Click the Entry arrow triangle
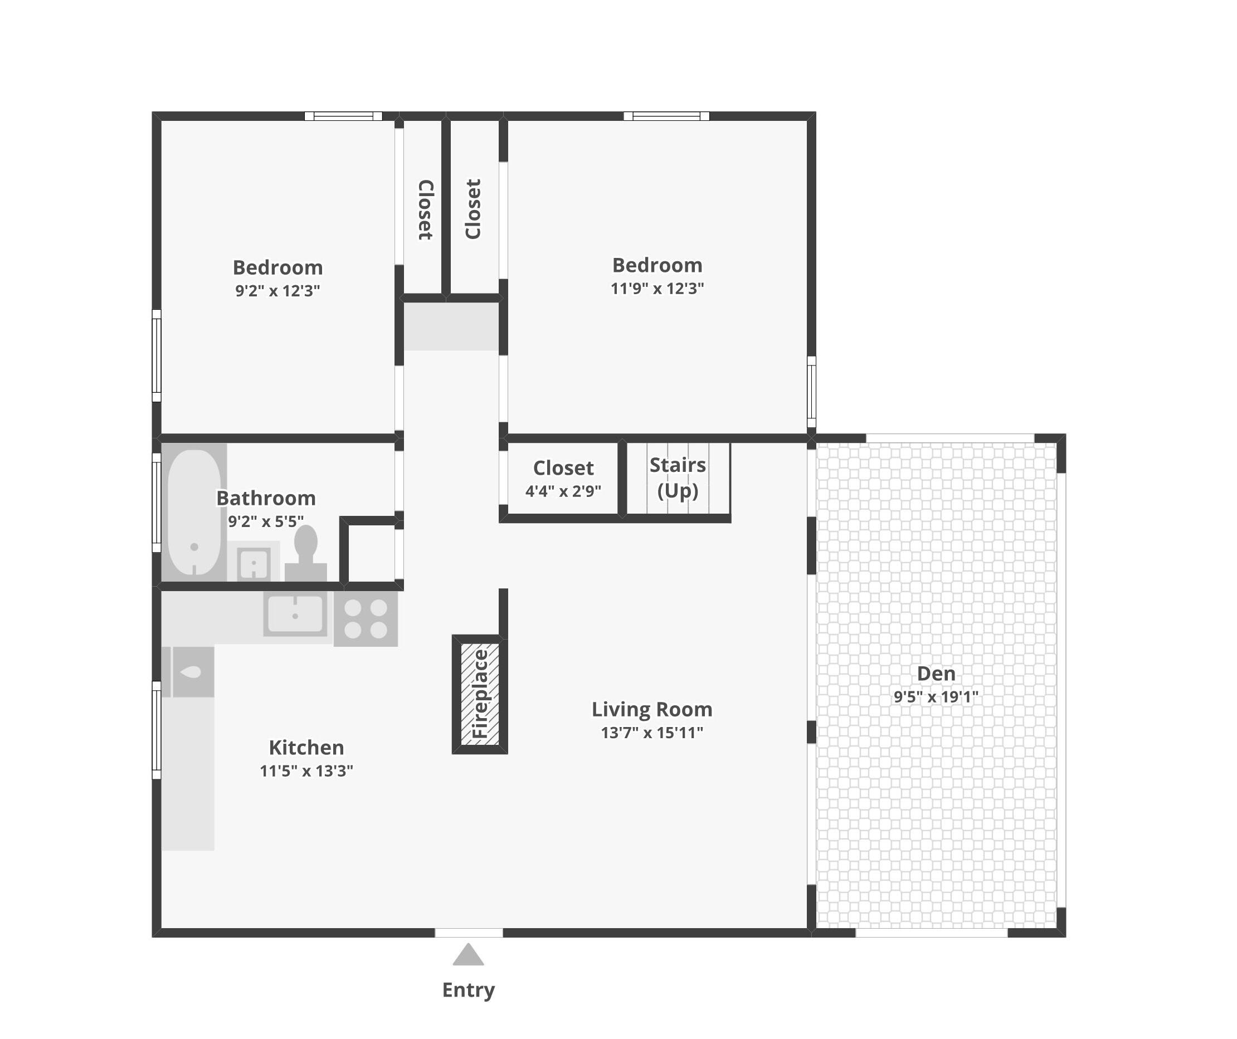[x=468, y=955]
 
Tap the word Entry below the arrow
[x=468, y=990]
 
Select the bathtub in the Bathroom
[x=194, y=512]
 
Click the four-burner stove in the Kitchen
[x=366, y=618]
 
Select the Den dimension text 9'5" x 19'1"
[x=936, y=697]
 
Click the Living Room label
[x=652, y=709]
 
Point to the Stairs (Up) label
[x=678, y=477]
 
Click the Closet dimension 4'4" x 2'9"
[x=563, y=491]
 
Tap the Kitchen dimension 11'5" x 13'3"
[x=306, y=771]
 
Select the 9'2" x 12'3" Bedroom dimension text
[x=277, y=291]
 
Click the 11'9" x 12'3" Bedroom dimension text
[x=658, y=289]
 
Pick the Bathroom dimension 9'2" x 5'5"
[x=266, y=521]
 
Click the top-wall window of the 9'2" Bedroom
[x=343, y=116]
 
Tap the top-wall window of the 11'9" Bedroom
[x=666, y=116]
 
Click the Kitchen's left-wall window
[x=157, y=730]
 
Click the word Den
[x=936, y=673]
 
